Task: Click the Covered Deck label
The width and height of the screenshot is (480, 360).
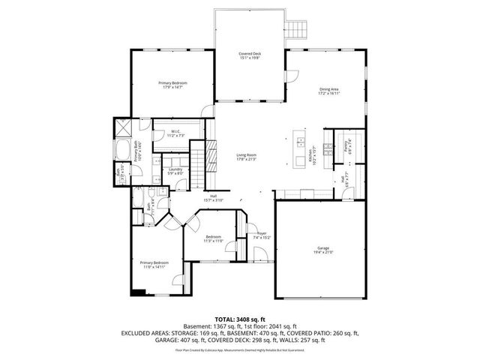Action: (250, 54)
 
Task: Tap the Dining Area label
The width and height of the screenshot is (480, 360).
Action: (329, 89)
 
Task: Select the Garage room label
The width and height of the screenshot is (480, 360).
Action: (323, 249)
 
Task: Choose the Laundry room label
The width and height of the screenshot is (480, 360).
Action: (175, 169)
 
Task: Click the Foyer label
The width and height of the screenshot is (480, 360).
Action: (261, 233)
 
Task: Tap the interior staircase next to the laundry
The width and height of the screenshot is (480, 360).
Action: (197, 164)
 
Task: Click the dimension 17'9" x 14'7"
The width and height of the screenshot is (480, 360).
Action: (172, 88)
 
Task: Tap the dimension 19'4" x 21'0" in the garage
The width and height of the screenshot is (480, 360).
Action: (323, 253)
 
